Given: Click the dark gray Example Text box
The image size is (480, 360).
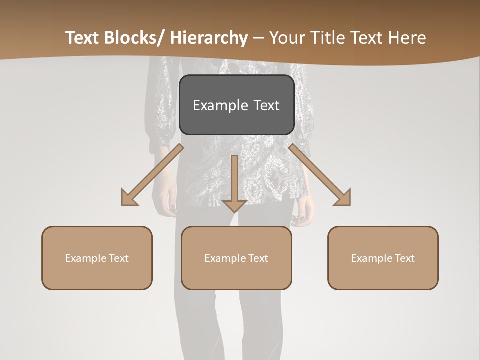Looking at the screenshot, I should pyautogui.click(x=236, y=105).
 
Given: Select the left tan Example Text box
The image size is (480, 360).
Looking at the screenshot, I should pyautogui.click(x=97, y=258).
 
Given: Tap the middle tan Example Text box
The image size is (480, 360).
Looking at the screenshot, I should pyautogui.click(x=236, y=258).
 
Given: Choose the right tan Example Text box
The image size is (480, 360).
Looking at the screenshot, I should pyautogui.click(x=383, y=258).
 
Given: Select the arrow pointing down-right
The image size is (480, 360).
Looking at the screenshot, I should pyautogui.click(x=320, y=175).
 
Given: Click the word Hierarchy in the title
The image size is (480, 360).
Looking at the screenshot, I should pyautogui.click(x=209, y=38).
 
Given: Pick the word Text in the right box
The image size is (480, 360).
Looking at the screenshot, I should pyautogui.click(x=404, y=258).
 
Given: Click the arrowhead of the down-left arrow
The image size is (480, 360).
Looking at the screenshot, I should pyautogui.click(x=129, y=198).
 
